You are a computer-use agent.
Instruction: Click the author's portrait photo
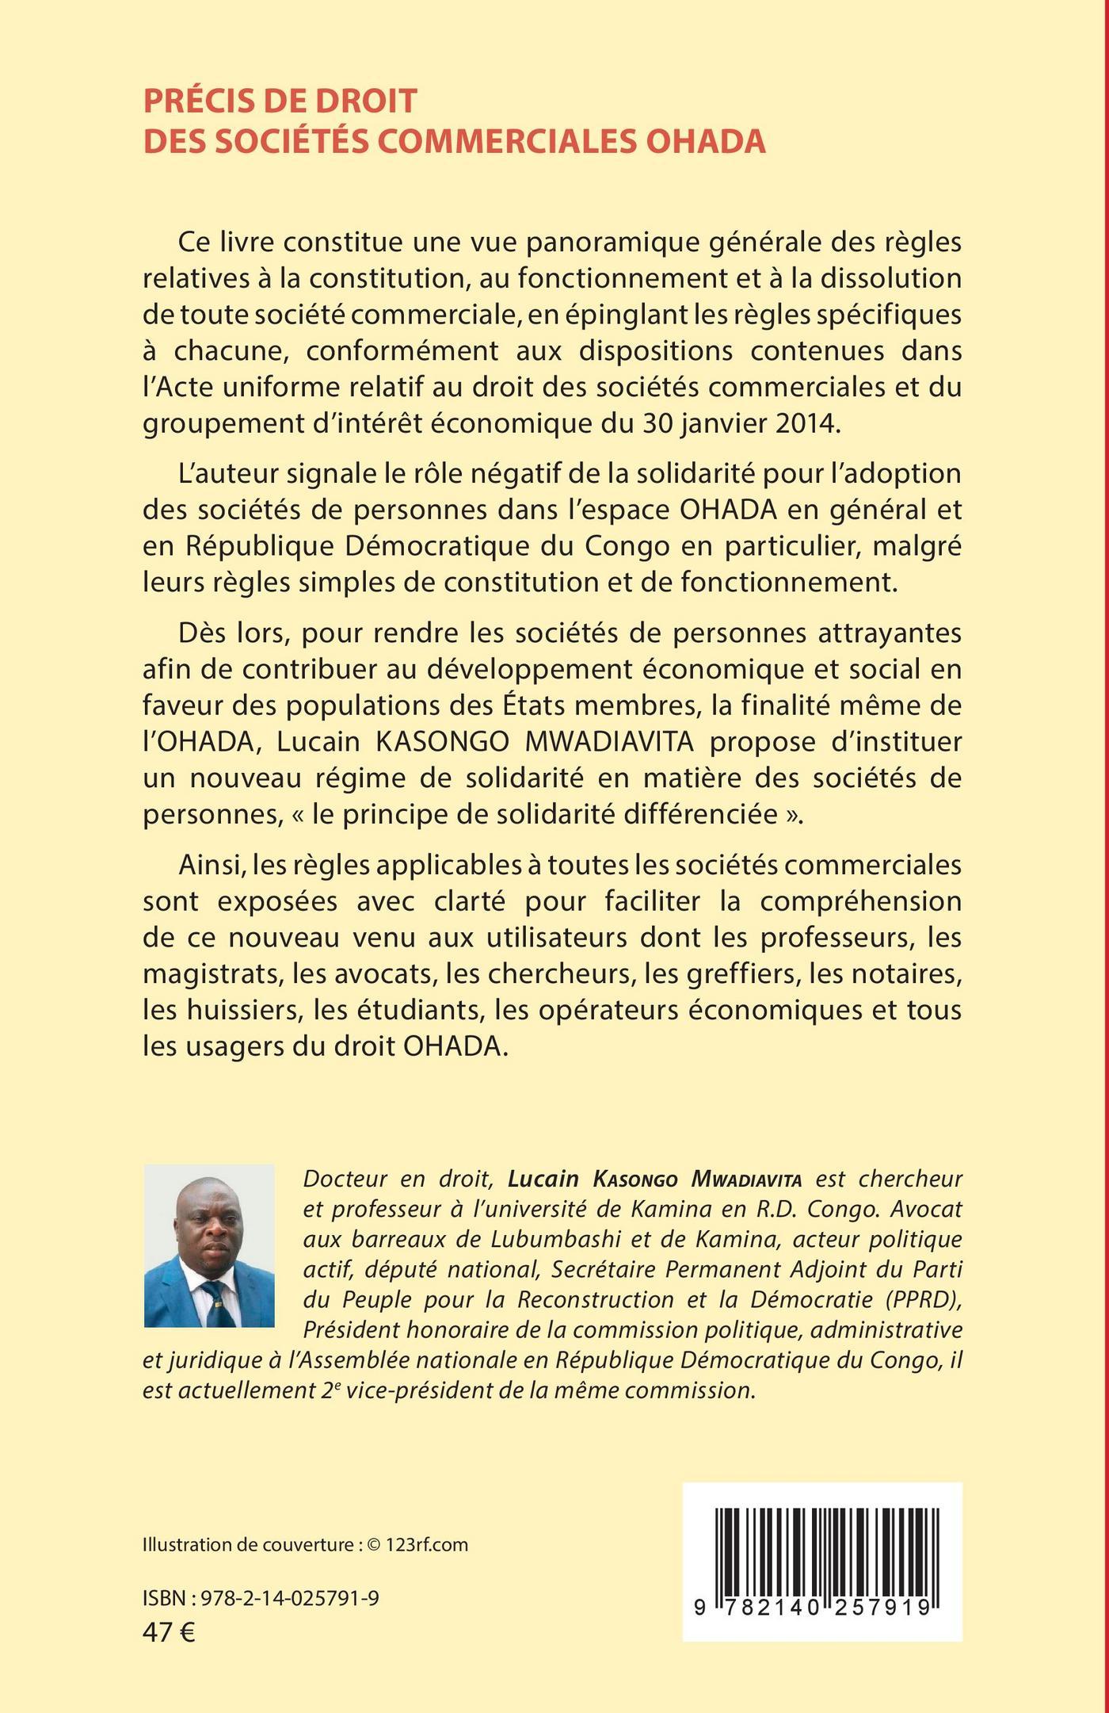click(x=209, y=1245)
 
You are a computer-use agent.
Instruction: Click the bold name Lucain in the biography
click(x=543, y=1179)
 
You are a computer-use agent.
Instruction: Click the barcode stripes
click(x=822, y=1549)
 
